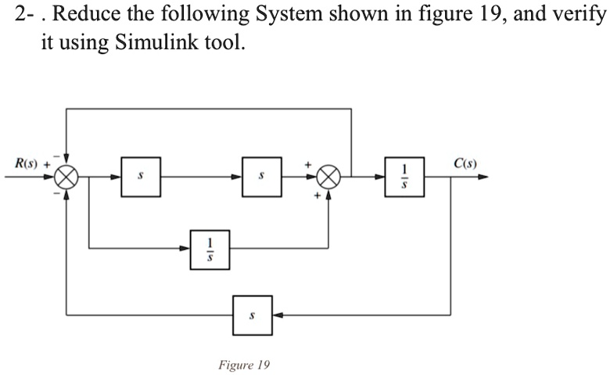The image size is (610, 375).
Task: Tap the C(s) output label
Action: click(x=465, y=164)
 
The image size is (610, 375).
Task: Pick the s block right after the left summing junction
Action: click(x=141, y=177)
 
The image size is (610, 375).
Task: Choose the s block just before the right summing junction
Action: click(x=262, y=177)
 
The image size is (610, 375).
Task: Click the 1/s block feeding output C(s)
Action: click(x=404, y=177)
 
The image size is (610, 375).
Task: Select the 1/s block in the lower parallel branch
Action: click(x=210, y=248)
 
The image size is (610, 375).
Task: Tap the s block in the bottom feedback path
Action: click(x=252, y=315)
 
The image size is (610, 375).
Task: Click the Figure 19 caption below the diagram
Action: click(x=243, y=365)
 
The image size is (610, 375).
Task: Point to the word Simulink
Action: click(x=150, y=42)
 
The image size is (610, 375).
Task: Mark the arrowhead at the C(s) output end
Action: click(x=483, y=178)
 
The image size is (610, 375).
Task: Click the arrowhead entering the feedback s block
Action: click(x=278, y=315)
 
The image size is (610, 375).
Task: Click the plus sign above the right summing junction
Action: click(x=310, y=165)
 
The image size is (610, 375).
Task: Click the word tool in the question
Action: click(x=227, y=42)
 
